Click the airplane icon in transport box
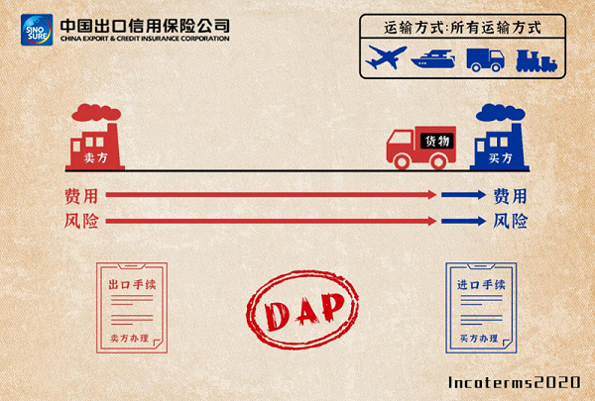387,58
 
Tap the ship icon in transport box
437,58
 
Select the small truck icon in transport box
486,58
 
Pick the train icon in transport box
535,58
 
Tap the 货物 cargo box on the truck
436,142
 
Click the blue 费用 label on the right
510,195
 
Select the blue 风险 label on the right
510,220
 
